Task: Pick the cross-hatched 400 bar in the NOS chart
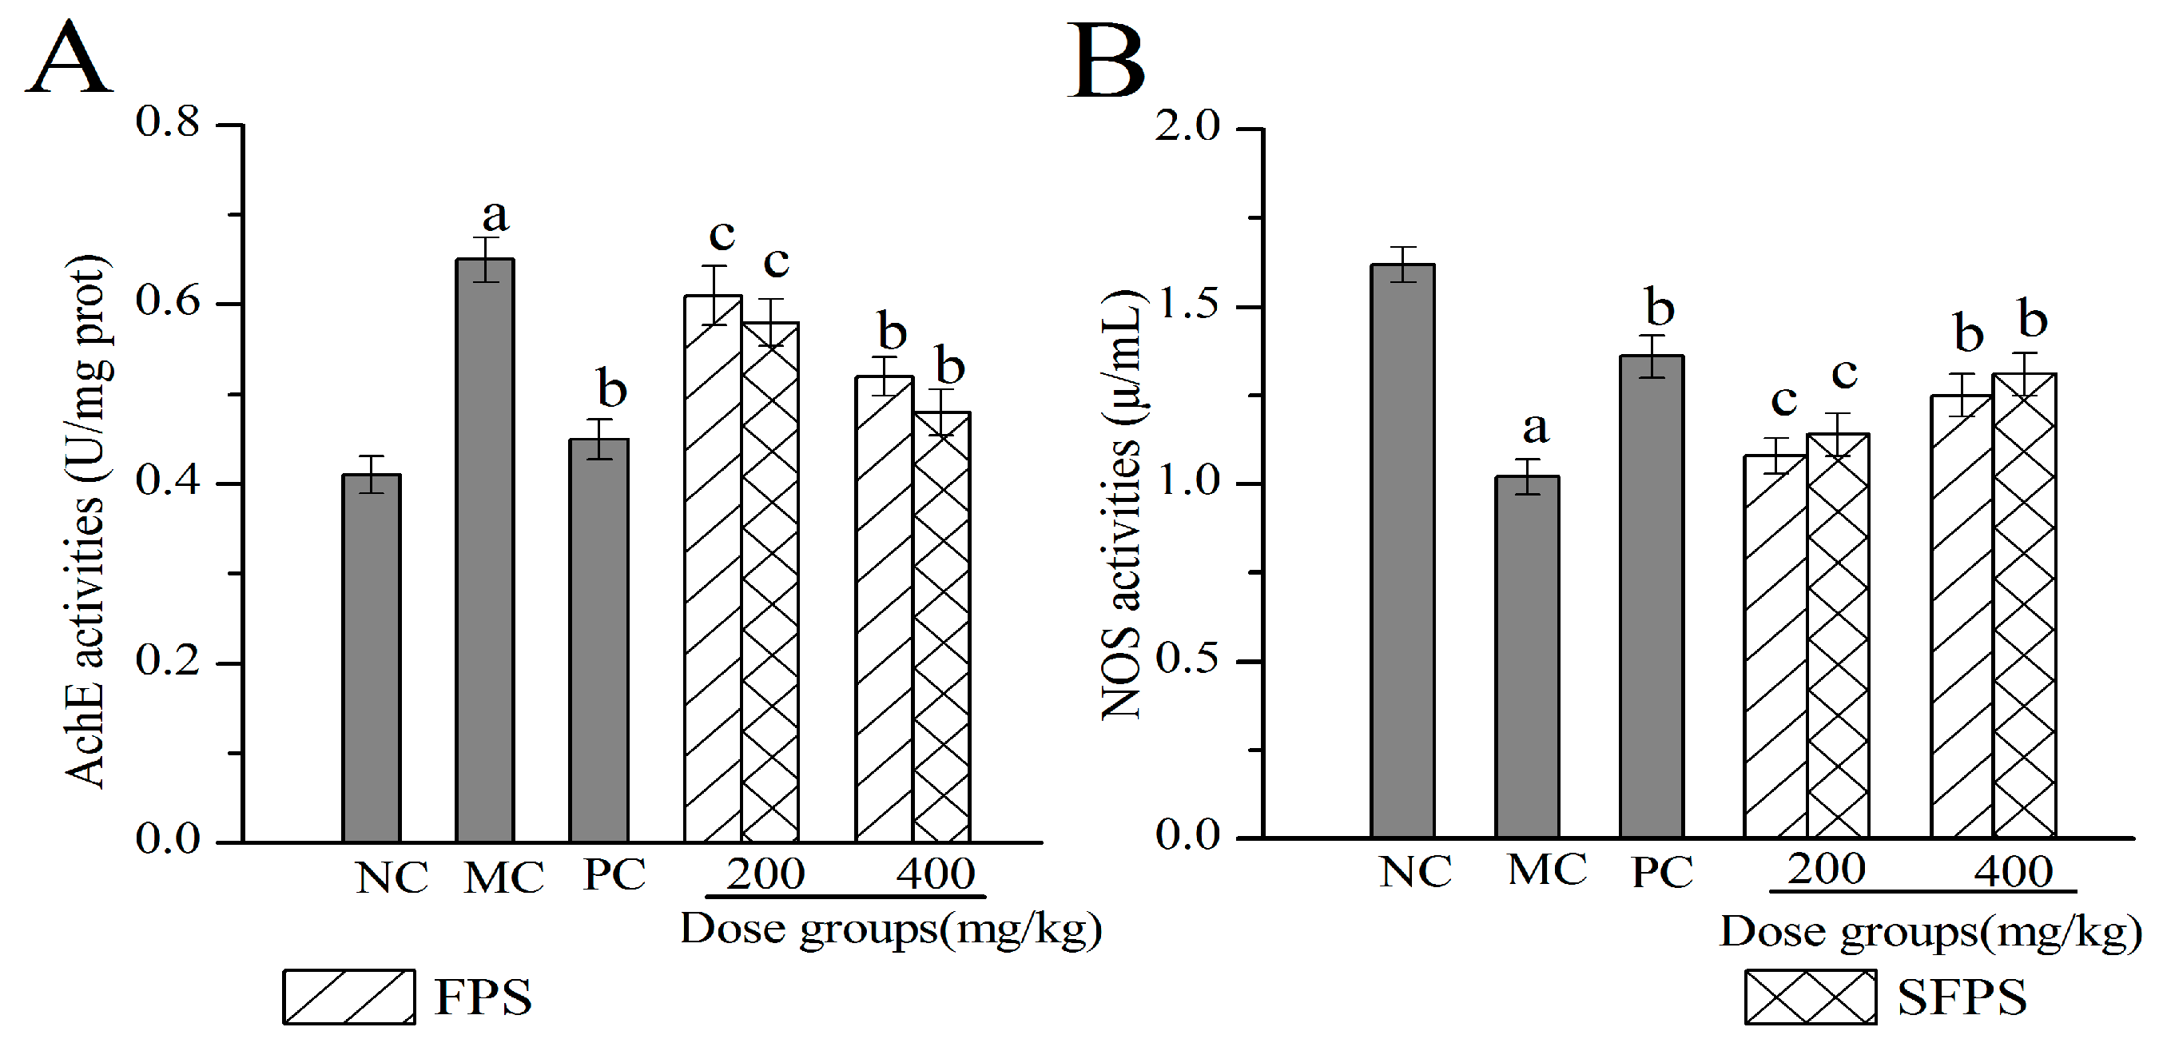pos(2023,603)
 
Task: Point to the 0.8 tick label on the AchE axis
pos(168,122)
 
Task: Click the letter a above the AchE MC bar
pos(495,217)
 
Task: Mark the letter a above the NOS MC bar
pos(1535,428)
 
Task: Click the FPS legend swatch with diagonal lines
pos(348,996)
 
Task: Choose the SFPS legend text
pos(1961,997)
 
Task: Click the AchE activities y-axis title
pos(85,520)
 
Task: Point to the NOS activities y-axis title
pos(1121,503)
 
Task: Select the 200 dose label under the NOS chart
pos(1827,869)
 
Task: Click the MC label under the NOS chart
pos(1547,870)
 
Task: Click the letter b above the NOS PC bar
pos(1660,307)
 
